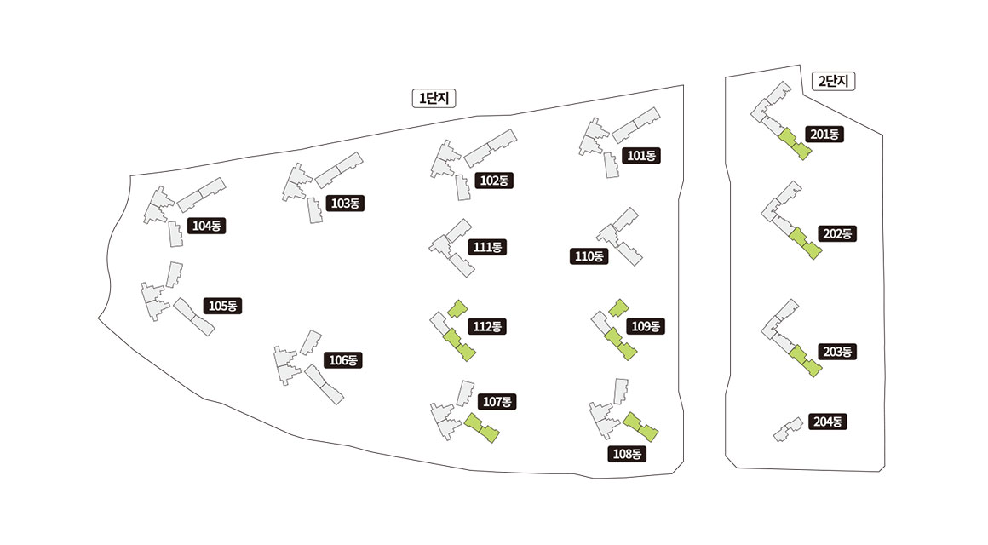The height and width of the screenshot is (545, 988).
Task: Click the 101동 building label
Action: point(640,156)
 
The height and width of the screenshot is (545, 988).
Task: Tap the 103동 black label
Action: point(345,204)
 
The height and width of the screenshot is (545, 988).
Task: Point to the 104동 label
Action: point(207,226)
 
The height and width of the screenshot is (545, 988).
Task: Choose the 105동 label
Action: point(223,306)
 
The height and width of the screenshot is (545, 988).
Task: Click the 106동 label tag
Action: point(343,360)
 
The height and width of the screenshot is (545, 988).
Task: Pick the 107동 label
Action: point(497,401)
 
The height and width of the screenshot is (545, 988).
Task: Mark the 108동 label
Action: point(627,454)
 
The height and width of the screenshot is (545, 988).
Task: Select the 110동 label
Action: point(589,256)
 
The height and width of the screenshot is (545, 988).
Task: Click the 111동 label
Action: point(488,247)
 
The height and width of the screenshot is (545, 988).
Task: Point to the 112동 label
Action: point(488,326)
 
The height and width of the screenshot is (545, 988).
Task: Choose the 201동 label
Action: point(824,135)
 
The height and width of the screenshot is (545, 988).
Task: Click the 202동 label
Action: point(837,233)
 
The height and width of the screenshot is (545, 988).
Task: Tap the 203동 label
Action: point(837,352)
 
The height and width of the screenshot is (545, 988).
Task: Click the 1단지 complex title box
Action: point(434,99)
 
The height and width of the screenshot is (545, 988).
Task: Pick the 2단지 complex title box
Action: point(834,82)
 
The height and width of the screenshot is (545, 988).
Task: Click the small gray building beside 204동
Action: point(788,429)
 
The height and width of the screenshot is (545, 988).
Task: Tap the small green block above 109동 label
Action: point(618,307)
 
